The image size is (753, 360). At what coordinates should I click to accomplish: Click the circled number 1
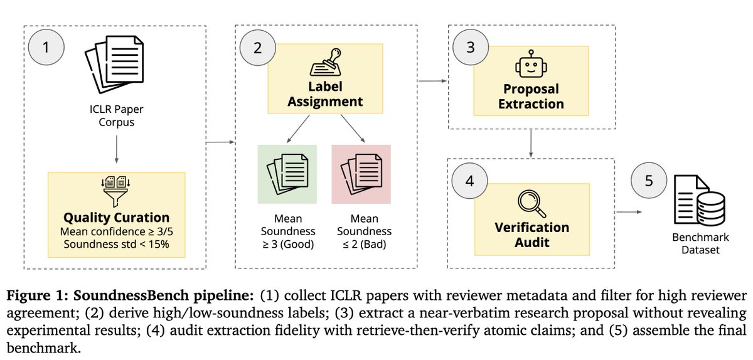coord(46,47)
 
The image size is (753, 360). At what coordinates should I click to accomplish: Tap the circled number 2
coord(257,48)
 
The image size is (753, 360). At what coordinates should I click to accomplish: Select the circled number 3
coord(471,47)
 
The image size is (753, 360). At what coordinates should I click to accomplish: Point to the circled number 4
coord(469,181)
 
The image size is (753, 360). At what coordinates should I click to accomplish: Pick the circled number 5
coord(649,181)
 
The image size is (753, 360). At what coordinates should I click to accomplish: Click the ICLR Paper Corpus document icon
coord(115,65)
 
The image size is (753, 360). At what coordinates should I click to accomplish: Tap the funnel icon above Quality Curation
coord(116,191)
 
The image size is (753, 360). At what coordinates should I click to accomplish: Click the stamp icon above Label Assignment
coord(326,62)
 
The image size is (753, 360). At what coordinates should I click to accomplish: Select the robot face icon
coord(531,64)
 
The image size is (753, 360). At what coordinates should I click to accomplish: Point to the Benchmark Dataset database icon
coord(700,200)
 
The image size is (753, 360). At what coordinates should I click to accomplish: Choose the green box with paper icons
coord(287,174)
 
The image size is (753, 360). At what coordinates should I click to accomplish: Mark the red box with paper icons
coord(361,174)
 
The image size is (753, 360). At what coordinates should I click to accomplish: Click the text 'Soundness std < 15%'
coord(116,244)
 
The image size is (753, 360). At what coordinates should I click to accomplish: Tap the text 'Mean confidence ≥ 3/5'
coord(116,231)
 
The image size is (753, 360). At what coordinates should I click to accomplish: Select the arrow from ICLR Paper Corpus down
coord(116,149)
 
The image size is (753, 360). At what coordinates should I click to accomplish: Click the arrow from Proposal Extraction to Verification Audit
coord(531,143)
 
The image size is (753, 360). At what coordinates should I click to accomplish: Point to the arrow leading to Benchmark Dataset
coord(629,212)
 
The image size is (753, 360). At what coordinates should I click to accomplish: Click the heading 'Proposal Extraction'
coord(531,97)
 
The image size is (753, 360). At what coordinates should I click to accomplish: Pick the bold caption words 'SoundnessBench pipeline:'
coord(163,296)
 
